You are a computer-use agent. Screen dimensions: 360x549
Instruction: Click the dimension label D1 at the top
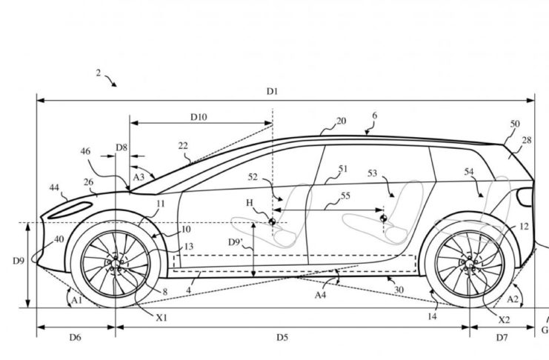(273, 91)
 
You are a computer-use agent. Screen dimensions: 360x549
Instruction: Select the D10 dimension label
(199, 116)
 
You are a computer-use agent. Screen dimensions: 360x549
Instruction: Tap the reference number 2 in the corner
(98, 73)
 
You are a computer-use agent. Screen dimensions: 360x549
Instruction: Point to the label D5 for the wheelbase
(282, 338)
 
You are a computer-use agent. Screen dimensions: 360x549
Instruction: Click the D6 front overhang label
(75, 338)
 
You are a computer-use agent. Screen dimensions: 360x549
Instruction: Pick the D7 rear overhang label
(502, 338)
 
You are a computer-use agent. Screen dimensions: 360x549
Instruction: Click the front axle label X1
(162, 316)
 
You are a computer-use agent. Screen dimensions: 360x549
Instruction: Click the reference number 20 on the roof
(341, 121)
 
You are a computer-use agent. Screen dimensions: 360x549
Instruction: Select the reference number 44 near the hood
(55, 188)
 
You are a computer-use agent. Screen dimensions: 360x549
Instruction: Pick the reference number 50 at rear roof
(515, 124)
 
